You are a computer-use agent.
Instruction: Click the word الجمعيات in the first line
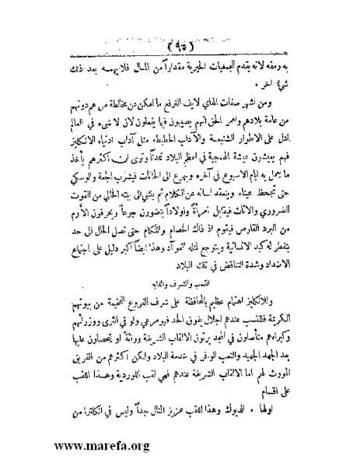tap(253, 68)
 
